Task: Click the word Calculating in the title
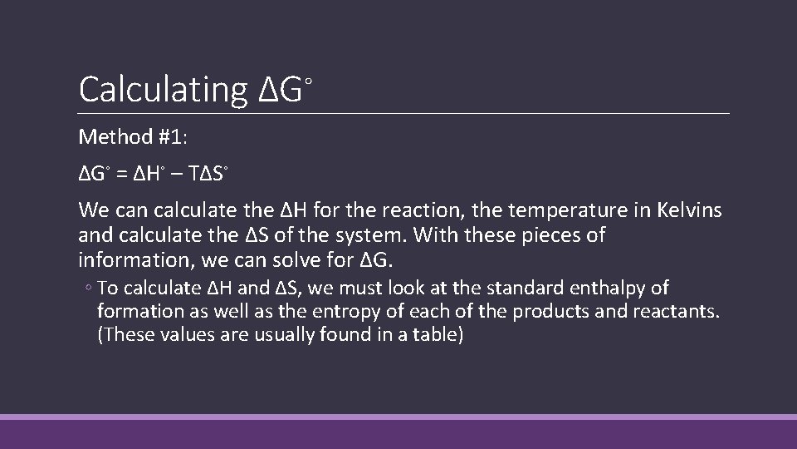click(163, 89)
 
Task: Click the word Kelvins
click(687, 211)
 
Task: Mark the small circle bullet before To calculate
click(87, 289)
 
